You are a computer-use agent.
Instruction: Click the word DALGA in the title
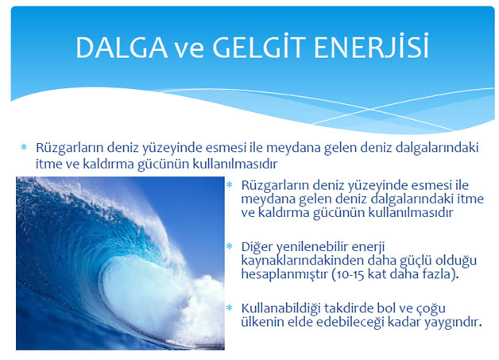(122, 48)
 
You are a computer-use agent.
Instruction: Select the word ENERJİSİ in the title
(371, 46)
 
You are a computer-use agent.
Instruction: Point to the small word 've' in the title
(190, 50)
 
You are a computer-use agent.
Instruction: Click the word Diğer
(257, 247)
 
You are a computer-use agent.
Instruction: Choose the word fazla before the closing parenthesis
(436, 274)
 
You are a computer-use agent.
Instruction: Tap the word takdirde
(348, 308)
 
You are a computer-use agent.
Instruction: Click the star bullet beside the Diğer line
(230, 246)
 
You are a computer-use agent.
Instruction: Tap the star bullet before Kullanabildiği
(230, 308)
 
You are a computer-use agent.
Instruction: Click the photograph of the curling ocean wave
(120, 263)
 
